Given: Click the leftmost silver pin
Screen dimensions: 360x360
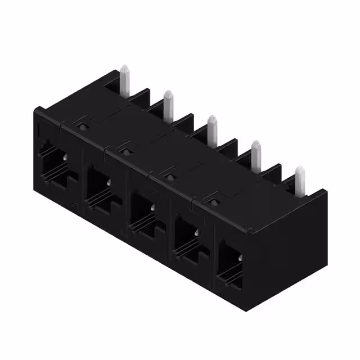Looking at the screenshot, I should point(125,82).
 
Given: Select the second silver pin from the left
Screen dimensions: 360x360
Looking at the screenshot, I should point(168,105).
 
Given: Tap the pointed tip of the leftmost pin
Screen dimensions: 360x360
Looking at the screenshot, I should point(125,68).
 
